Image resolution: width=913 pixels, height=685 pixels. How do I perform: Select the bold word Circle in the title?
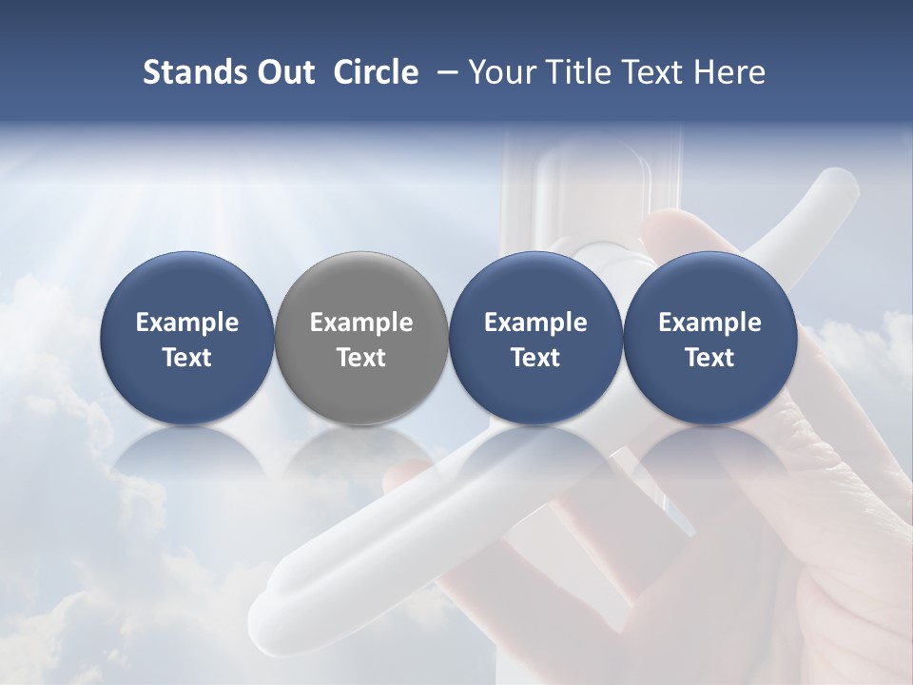click(377, 72)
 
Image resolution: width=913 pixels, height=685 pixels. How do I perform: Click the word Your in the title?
click(502, 72)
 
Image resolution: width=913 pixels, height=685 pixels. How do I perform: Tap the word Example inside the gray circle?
click(361, 323)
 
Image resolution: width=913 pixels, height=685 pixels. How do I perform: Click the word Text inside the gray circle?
click(361, 358)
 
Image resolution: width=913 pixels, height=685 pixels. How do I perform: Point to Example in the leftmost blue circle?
click(187, 323)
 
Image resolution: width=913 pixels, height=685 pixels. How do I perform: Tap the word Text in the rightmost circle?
click(709, 358)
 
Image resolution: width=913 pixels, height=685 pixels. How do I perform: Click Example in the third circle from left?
click(535, 323)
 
